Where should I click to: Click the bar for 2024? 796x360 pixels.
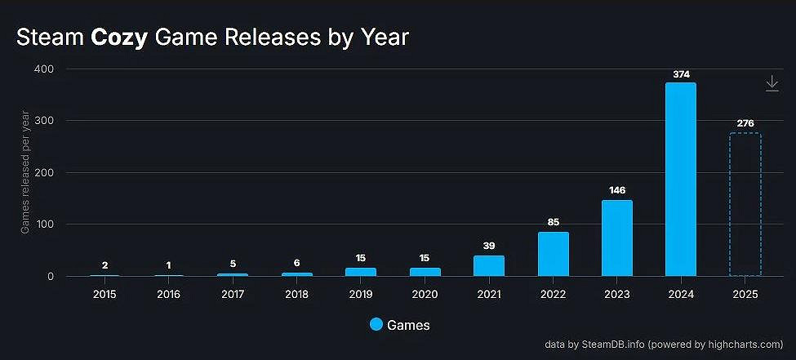tap(680, 180)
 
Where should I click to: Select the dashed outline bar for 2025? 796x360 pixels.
tap(745, 205)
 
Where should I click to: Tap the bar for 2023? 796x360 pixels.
tap(616, 238)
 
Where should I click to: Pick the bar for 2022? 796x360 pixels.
tap(553, 254)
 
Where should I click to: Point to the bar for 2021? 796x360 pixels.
tap(488, 266)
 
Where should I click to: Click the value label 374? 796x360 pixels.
tap(681, 74)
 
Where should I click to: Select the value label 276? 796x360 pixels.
tap(745, 124)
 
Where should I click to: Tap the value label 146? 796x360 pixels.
tap(616, 191)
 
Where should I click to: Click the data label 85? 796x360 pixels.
tap(553, 222)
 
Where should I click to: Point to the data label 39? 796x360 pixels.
tap(488, 246)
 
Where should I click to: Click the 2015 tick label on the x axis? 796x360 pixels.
tap(105, 293)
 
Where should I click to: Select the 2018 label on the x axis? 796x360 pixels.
tap(297, 293)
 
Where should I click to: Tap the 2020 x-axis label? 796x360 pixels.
tap(425, 293)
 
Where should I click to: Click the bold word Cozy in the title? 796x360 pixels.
tap(119, 38)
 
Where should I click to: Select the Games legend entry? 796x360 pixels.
tap(399, 325)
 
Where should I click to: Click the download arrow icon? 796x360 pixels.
tap(772, 83)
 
